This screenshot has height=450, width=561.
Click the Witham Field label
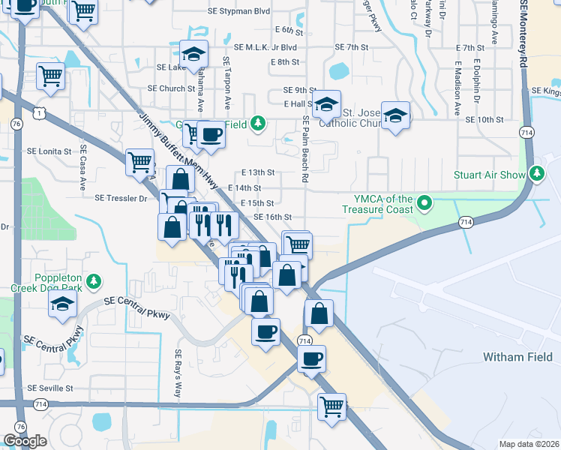coord(517,356)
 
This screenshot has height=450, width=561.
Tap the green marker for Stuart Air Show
coord(537,174)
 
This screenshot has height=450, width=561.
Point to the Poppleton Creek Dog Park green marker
coord(93,282)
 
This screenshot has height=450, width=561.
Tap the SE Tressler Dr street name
coord(121,198)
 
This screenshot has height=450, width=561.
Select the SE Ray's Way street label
coord(178,373)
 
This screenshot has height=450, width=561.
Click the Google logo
coord(25,441)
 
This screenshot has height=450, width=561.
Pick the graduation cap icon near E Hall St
coord(327,104)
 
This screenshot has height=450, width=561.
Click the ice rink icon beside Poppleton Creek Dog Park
coord(63,304)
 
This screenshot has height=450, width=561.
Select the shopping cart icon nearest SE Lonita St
coord(139,161)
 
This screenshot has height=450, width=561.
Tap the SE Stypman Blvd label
coord(241,12)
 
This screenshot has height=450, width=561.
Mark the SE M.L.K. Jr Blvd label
coord(265,46)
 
